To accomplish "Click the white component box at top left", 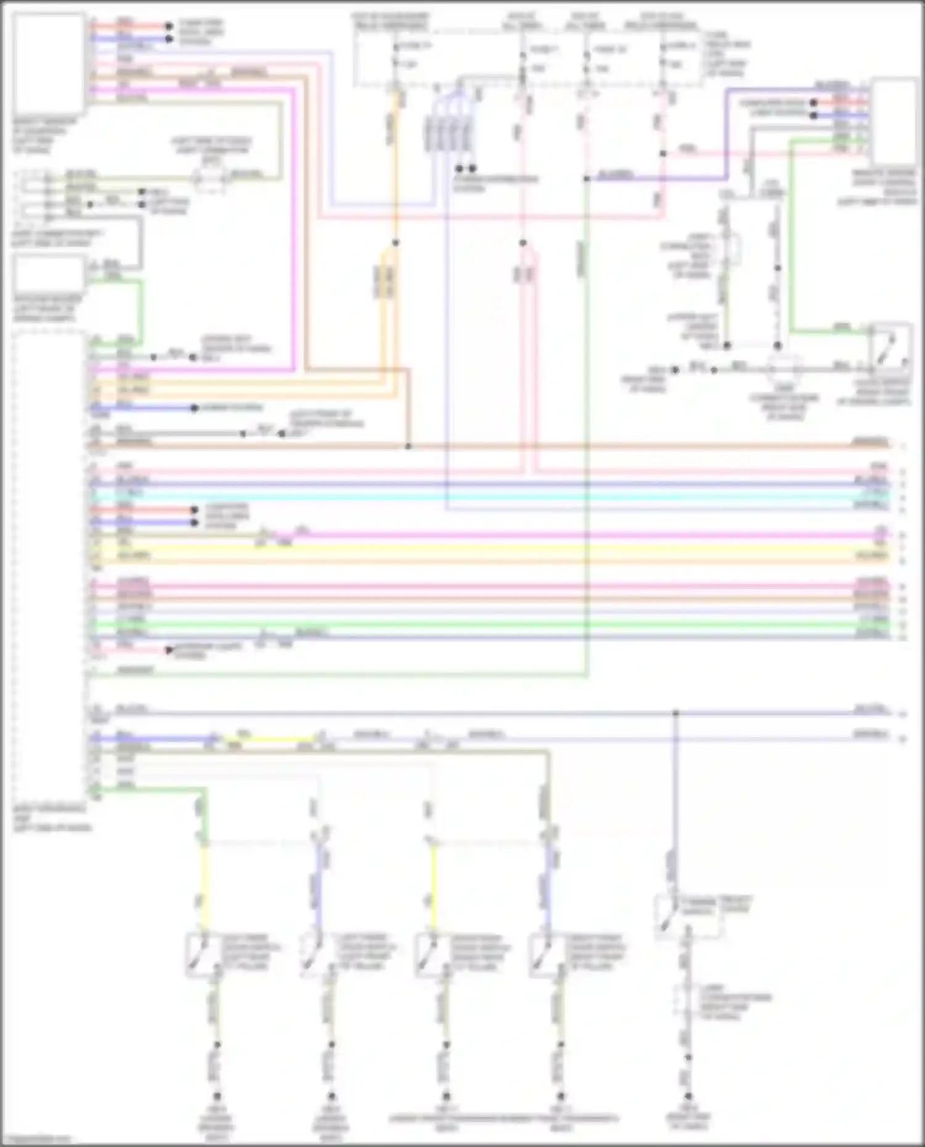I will pos(48,62).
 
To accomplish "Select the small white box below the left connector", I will pos(48,273).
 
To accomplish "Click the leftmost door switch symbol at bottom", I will pos(203,955).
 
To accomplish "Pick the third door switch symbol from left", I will pos(432,955).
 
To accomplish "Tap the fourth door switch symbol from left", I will pos(546,955).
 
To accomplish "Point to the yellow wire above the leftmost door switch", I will pos(204,888).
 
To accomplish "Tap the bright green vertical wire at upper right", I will pos(791,247).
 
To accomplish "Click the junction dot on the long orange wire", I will pos(408,446).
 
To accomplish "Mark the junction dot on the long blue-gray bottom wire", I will pos(675,713).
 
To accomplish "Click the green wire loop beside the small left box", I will pos(141,308).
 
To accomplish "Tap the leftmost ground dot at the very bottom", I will pos(216,1096).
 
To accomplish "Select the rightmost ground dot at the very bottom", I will pos(688,1096).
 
